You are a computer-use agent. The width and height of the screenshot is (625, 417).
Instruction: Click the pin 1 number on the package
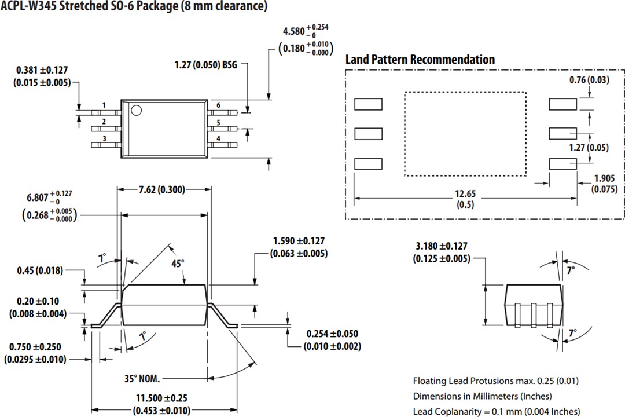[104, 105]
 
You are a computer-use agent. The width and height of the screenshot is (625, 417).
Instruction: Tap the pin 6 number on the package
[218, 105]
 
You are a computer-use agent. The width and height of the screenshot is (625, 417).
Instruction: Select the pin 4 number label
[218, 139]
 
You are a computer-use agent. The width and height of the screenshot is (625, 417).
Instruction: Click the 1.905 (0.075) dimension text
[604, 184]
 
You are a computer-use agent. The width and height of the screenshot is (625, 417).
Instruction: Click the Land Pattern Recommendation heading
[420, 60]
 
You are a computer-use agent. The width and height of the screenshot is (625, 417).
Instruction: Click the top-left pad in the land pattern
[368, 104]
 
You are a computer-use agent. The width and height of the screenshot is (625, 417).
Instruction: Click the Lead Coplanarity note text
[495, 411]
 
